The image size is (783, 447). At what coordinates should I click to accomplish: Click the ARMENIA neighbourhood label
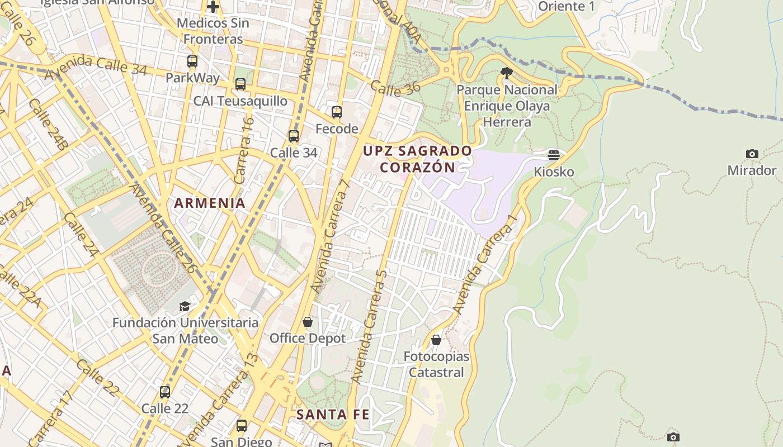[x=210, y=203]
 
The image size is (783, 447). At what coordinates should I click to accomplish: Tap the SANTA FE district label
[x=333, y=415]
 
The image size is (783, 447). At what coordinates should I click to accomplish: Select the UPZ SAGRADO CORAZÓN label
[x=417, y=159]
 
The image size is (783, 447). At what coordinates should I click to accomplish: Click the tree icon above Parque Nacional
[x=507, y=73]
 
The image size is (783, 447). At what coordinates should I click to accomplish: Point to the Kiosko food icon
[x=554, y=155]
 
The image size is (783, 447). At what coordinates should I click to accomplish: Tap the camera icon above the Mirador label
[x=752, y=154]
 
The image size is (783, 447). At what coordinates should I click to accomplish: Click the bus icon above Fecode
[x=336, y=112]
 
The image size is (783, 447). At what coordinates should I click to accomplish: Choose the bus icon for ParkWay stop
[x=192, y=61]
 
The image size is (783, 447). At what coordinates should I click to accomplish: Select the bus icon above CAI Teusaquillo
[x=240, y=84]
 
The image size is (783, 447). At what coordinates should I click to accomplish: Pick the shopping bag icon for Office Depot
[x=307, y=322]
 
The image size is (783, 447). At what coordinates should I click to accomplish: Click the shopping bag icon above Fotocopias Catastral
[x=436, y=340]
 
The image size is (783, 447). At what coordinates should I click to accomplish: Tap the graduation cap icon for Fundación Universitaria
[x=185, y=306]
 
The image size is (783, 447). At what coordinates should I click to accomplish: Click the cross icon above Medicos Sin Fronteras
[x=213, y=7]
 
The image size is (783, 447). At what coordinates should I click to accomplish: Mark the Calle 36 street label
[x=395, y=88]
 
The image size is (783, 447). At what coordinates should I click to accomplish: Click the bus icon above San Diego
[x=241, y=426]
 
